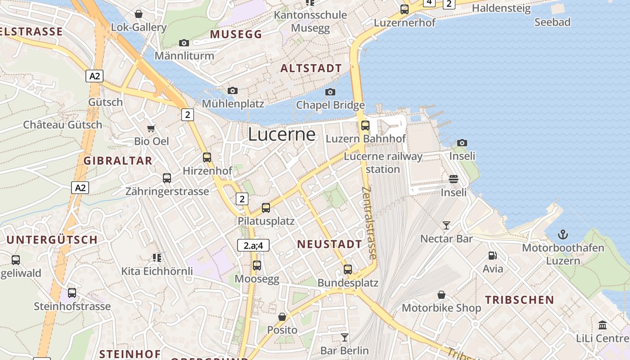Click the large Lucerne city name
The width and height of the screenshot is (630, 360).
pos(282,135)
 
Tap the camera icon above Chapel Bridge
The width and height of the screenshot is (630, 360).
pos(330,92)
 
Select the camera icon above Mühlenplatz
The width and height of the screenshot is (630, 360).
pos(233,91)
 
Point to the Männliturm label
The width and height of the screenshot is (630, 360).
pos(184,56)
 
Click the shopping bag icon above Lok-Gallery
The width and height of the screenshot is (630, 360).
pos(139,14)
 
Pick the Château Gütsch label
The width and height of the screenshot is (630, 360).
pos(63,125)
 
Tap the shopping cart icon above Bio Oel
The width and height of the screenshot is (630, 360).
pos(151,128)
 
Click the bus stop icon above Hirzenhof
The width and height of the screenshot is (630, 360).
pos(207,157)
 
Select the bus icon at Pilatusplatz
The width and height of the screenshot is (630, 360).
pos(266,208)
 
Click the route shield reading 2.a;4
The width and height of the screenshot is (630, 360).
pos(253,245)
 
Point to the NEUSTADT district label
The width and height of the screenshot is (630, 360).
pos(329,244)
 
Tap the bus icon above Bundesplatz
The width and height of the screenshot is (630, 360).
pos(348,270)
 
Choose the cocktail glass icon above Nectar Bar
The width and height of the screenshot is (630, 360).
pos(446,225)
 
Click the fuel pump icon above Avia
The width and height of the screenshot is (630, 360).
pos(493,256)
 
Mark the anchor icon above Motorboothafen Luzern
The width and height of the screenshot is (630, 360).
pos(563,234)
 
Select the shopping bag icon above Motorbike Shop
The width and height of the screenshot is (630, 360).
pos(441,295)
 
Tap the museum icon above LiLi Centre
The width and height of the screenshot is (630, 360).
pos(603,325)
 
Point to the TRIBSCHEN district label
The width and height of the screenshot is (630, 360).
pos(519,300)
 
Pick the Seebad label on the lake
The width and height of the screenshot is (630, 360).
pos(552,22)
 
